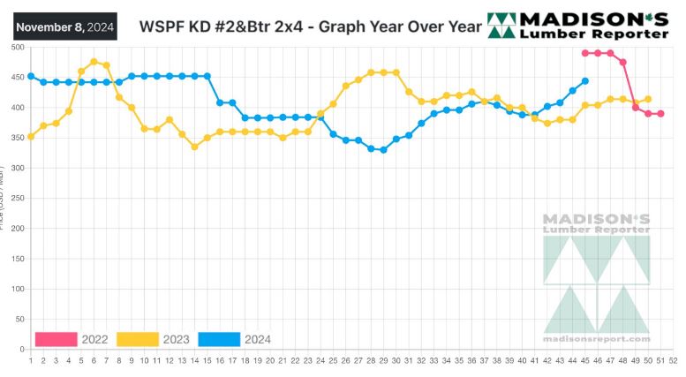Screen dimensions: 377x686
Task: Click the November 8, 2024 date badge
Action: tap(65, 26)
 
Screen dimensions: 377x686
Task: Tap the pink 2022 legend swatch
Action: tap(56, 339)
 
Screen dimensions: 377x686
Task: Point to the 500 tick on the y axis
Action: tap(17, 47)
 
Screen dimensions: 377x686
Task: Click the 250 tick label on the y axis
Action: tap(17, 198)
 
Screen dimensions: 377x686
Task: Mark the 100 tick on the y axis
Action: tap(17, 289)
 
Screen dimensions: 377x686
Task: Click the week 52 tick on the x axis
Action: tap(673, 360)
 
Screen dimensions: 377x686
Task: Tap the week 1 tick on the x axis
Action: tap(31, 360)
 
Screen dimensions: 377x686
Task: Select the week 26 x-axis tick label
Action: tap(345, 360)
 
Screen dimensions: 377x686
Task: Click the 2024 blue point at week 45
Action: tap(584, 81)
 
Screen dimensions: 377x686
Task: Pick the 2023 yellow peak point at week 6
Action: tap(94, 62)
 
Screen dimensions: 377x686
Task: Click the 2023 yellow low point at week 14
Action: tap(194, 147)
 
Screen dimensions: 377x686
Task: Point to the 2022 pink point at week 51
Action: tap(660, 114)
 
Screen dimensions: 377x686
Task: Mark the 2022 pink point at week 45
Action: tap(584, 53)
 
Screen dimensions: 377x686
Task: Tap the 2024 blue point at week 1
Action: tap(31, 76)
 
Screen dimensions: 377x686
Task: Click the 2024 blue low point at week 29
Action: tap(383, 150)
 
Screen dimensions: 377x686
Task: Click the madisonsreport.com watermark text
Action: tap(597, 338)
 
